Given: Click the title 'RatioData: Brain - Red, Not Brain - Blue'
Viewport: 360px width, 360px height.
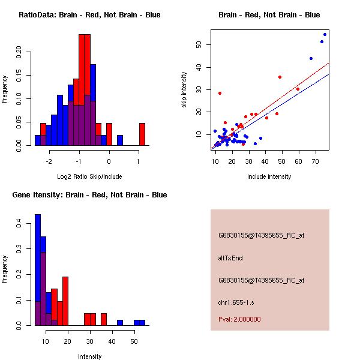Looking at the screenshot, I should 89,15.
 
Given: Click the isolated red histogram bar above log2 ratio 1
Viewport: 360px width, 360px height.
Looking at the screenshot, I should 142,134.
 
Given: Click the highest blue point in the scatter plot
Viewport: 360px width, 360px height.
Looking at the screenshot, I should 325,34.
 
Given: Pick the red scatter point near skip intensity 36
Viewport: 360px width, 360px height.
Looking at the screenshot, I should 280,77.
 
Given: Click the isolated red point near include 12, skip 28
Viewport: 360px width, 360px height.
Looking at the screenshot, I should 220,93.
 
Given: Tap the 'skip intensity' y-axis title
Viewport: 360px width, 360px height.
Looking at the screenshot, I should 185,90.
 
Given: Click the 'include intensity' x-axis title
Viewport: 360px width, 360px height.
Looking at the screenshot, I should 269,176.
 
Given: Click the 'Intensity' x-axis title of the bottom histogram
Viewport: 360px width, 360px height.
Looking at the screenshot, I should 90,356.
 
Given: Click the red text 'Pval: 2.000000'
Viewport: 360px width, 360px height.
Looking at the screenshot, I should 239,320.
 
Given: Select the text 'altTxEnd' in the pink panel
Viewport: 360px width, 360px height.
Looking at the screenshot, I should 230,258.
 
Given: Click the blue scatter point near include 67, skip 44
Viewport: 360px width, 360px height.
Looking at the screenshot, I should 311,58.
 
